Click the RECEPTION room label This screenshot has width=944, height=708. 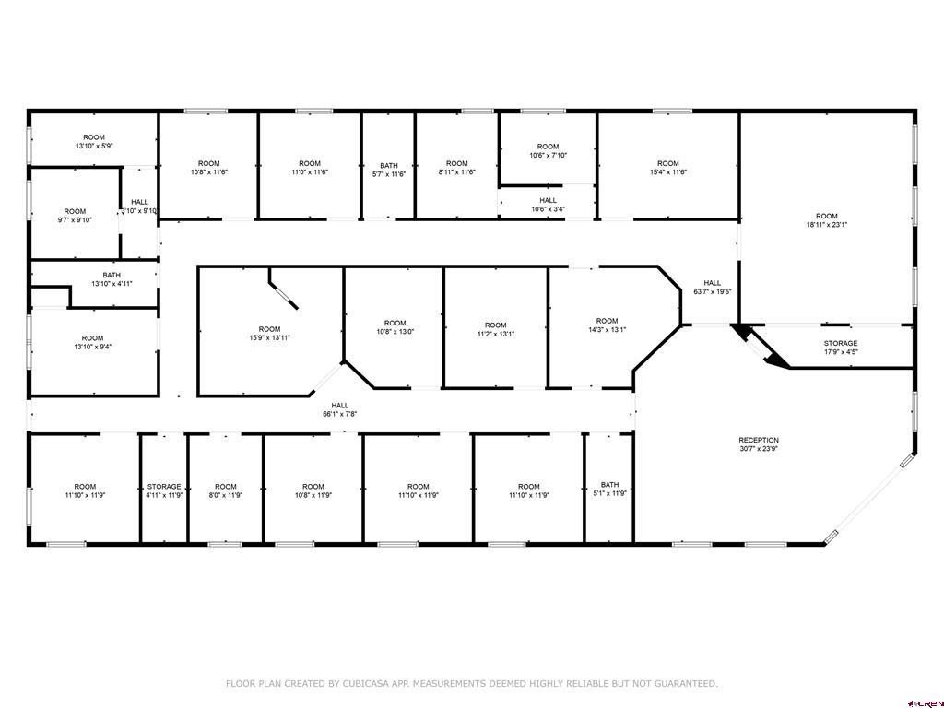pyautogui.click(x=759, y=440)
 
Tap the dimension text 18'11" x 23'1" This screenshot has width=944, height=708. pyautogui.click(x=827, y=225)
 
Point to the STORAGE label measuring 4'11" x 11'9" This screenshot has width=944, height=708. pyautogui.click(x=164, y=487)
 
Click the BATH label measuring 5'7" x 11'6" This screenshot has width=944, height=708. pyautogui.click(x=389, y=166)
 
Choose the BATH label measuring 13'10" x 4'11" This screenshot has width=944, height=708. pyautogui.click(x=112, y=275)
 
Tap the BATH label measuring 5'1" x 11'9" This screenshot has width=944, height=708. pyautogui.click(x=609, y=485)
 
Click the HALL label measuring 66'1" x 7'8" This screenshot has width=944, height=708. pyautogui.click(x=339, y=406)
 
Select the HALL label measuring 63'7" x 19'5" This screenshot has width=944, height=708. pyautogui.click(x=713, y=283)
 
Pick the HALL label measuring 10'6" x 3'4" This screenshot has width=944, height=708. pyautogui.click(x=548, y=200)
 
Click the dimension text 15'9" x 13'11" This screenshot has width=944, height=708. pyautogui.click(x=270, y=337)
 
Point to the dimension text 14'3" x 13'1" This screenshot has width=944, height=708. pyautogui.click(x=607, y=329)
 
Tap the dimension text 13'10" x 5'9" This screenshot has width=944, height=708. pyautogui.click(x=94, y=146)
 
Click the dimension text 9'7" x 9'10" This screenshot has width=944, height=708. pyautogui.click(x=75, y=219)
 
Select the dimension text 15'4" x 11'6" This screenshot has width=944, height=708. pyautogui.click(x=668, y=171)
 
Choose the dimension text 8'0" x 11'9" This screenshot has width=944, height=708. pyautogui.click(x=226, y=495)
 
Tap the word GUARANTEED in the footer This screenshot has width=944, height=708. pyautogui.click(x=685, y=683)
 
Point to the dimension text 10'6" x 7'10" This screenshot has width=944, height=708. pyautogui.click(x=548, y=155)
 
